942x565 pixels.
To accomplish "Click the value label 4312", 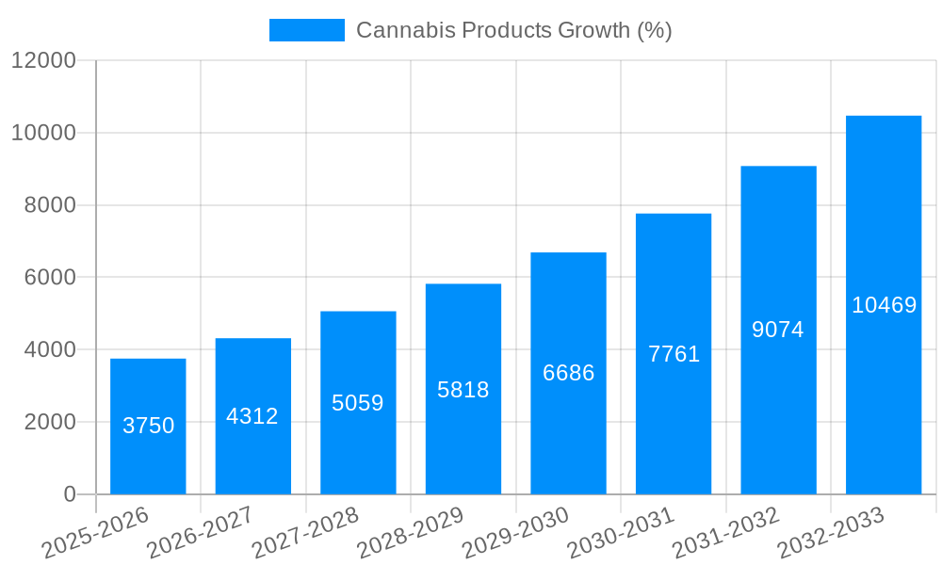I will (x=252, y=416).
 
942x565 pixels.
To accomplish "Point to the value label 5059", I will (x=358, y=403).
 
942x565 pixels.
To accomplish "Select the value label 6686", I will (x=568, y=373).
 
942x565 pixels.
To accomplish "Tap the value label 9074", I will (x=778, y=330).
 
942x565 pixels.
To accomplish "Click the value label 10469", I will (x=884, y=305).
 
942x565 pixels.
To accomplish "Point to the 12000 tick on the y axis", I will (x=43, y=61).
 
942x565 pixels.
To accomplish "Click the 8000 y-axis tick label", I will (x=50, y=205).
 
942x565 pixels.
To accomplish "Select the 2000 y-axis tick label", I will (x=50, y=422).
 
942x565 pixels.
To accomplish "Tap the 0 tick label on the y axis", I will (x=70, y=494).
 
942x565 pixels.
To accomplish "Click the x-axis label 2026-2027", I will (x=201, y=532).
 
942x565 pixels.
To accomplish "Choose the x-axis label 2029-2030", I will (x=516, y=532).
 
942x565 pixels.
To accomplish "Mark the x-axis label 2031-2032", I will (x=726, y=532).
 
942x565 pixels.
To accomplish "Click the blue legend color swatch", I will (x=307, y=30).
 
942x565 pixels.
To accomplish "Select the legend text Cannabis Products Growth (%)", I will (x=513, y=30).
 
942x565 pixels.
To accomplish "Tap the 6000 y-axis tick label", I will (x=50, y=278).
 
